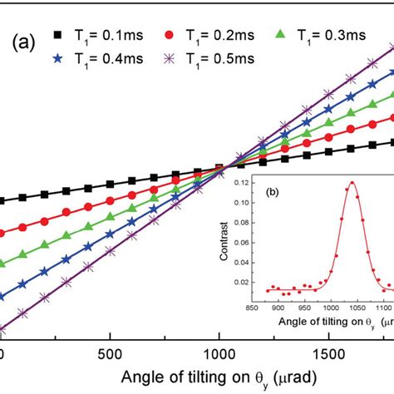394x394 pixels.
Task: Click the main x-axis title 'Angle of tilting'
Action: (197, 376)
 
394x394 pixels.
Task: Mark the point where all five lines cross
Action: (224, 170)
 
